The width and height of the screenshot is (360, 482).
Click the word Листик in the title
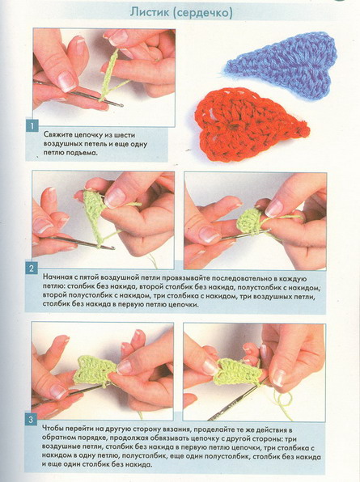point(148,12)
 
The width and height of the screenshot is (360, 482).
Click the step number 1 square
point(32,126)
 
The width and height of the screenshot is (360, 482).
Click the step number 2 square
point(32,268)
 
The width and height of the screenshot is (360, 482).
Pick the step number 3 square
point(31,420)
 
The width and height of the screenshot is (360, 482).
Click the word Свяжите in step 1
point(58,135)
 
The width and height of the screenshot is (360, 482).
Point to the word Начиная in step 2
point(57,277)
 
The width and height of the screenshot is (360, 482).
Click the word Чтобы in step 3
point(52,429)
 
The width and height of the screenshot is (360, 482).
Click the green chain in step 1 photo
point(109,75)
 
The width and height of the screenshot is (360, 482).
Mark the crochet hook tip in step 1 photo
point(122,106)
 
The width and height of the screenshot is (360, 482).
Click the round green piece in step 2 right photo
point(249,222)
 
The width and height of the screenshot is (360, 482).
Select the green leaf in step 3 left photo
point(95,370)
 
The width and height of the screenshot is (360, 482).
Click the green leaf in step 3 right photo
point(239,372)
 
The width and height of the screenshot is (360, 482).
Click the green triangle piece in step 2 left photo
point(93,212)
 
